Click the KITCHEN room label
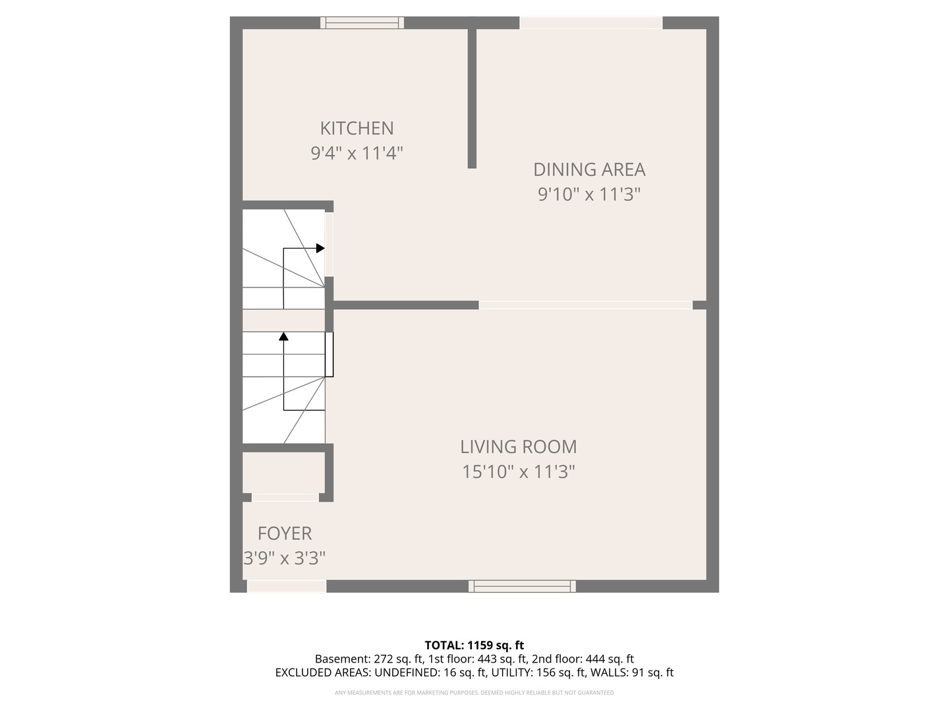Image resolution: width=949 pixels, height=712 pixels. [x=357, y=128]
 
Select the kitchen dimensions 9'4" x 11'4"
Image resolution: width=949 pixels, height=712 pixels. [x=357, y=154]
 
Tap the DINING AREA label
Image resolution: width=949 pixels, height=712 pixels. [x=589, y=169]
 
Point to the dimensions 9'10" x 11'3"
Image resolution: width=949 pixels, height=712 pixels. [x=589, y=194]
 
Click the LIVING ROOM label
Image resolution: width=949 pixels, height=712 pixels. [x=518, y=447]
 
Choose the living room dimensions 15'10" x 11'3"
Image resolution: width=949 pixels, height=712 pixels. [x=518, y=472]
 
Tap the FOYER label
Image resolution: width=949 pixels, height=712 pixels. [x=285, y=533]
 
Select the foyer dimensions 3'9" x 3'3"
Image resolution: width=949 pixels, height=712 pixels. [x=285, y=558]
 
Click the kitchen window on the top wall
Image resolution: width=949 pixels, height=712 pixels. [x=362, y=23]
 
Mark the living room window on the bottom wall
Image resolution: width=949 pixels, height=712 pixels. [x=522, y=586]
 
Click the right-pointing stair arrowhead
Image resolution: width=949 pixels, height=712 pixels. [x=320, y=249]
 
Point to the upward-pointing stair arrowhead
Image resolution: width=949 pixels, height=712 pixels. [x=284, y=336]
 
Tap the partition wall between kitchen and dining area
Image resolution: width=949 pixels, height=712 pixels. [x=472, y=99]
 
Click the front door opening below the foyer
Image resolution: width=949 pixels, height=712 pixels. [x=287, y=586]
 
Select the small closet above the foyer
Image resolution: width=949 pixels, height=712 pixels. [x=283, y=473]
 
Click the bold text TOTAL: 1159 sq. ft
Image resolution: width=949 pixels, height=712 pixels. [x=474, y=645]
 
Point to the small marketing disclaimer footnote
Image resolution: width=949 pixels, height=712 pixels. [x=474, y=693]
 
